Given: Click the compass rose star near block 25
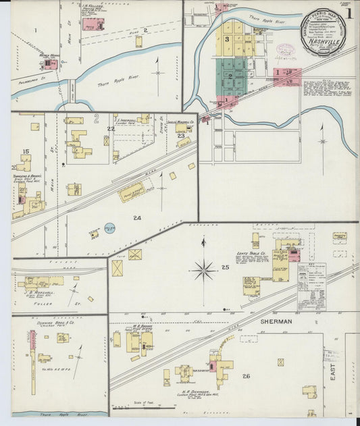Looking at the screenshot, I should click(x=204, y=270).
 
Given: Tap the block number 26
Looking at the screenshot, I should click(x=246, y=376).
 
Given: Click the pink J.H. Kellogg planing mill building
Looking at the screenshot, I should click(x=89, y=24).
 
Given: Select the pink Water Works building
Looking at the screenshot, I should click(x=50, y=64).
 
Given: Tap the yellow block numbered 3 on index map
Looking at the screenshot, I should click(x=228, y=39).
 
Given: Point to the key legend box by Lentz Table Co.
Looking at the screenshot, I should click(x=311, y=277).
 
